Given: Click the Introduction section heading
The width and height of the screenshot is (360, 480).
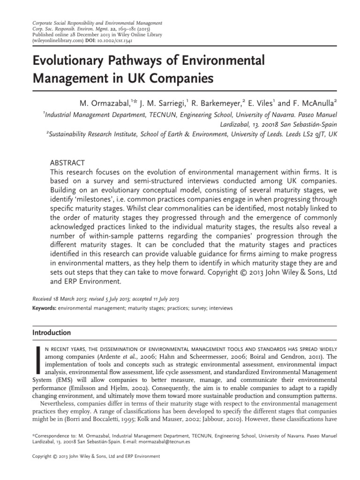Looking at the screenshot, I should click(x=51, y=333).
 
